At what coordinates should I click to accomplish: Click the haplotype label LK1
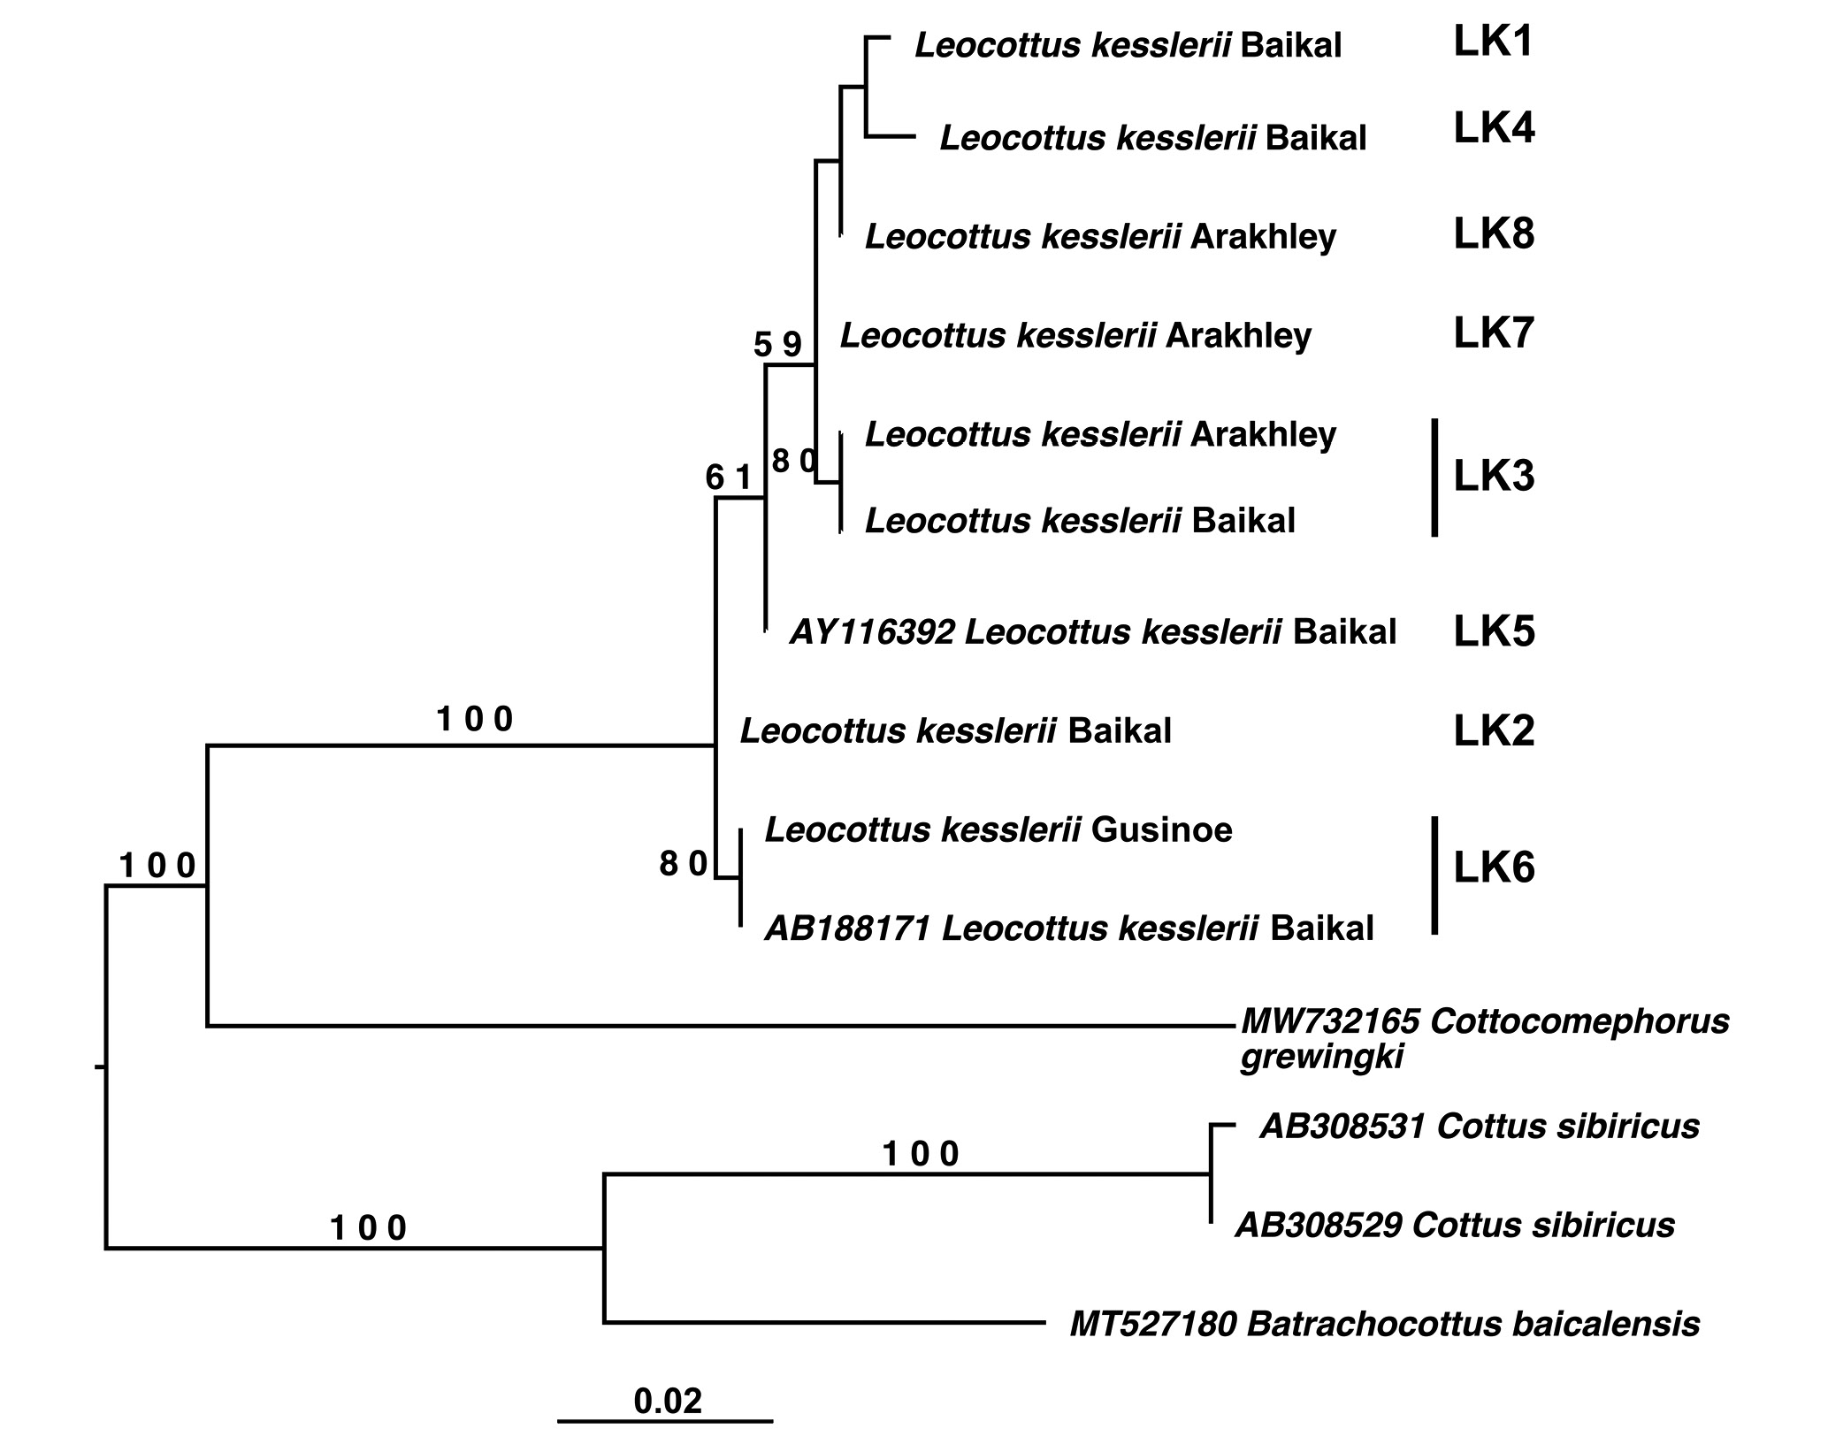tap(1493, 42)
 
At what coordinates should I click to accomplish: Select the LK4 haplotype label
tap(1495, 129)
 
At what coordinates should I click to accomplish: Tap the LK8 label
tap(1495, 234)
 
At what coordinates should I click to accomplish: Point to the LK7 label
tap(1495, 333)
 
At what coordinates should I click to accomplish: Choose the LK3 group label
tap(1495, 477)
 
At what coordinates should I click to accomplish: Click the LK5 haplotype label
tap(1495, 632)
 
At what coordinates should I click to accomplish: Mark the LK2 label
tap(1495, 732)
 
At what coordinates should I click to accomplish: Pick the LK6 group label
tap(1495, 868)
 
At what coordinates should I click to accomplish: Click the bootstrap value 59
tap(777, 344)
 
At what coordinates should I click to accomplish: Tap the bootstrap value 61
tap(729, 478)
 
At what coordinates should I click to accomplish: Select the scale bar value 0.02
tap(668, 1401)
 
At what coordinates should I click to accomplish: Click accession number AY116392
tap(872, 632)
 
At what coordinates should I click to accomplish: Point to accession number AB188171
tap(847, 929)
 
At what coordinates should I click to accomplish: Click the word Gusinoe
tap(1161, 829)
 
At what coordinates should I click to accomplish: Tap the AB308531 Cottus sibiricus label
tap(1480, 1126)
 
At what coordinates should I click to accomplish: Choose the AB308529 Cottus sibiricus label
tap(1455, 1225)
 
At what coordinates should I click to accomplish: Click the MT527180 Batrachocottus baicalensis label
tap(1385, 1324)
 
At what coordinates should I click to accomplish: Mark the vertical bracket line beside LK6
tap(1434, 875)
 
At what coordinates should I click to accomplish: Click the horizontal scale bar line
tap(665, 1421)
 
